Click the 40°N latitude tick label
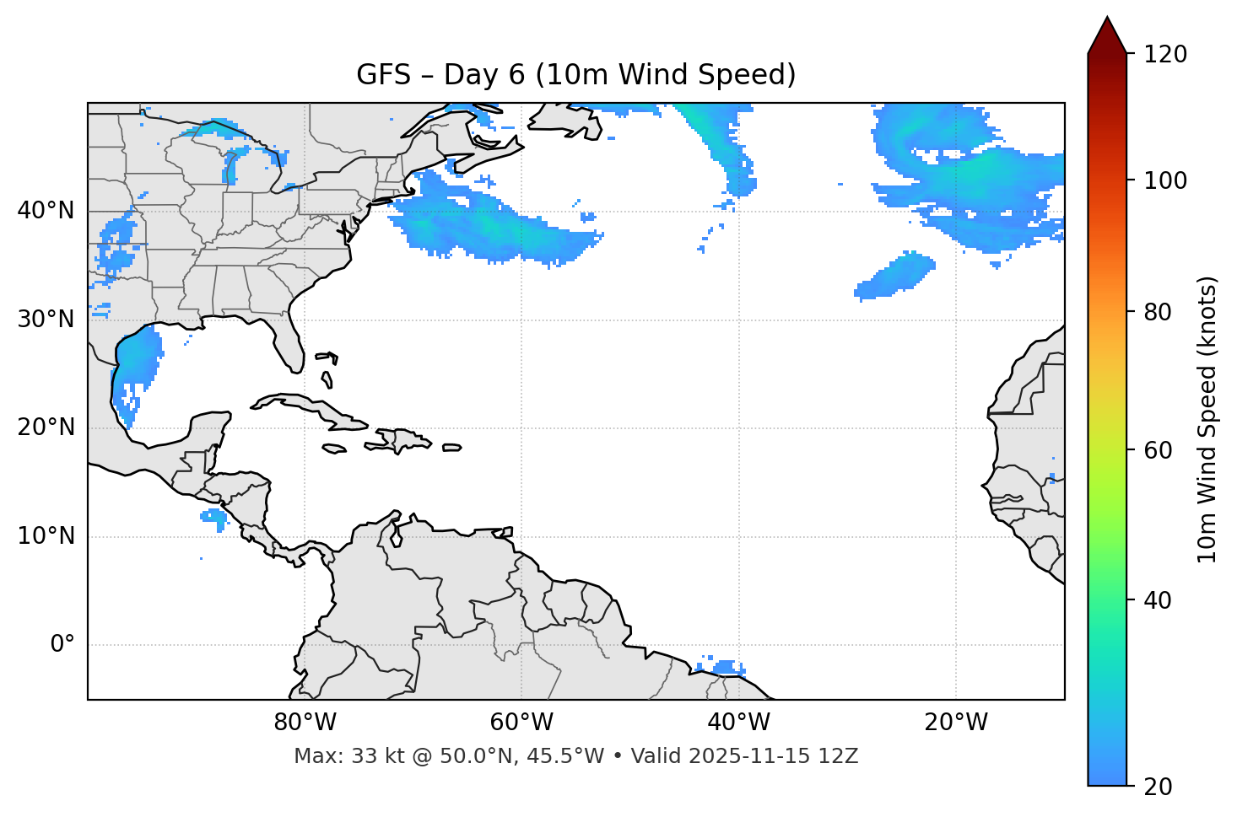46,211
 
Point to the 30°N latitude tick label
46,320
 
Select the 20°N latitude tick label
46,427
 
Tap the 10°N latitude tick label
46,536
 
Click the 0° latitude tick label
62,645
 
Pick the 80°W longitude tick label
305,723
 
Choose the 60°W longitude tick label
521,723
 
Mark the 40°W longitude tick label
738,723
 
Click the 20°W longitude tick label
956,723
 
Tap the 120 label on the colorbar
1165,55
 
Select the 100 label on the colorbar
1165,180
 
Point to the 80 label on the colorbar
1159,312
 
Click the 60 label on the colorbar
1159,450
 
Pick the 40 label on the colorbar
1159,600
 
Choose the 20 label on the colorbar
1159,787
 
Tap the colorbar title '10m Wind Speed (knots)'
1207,420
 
